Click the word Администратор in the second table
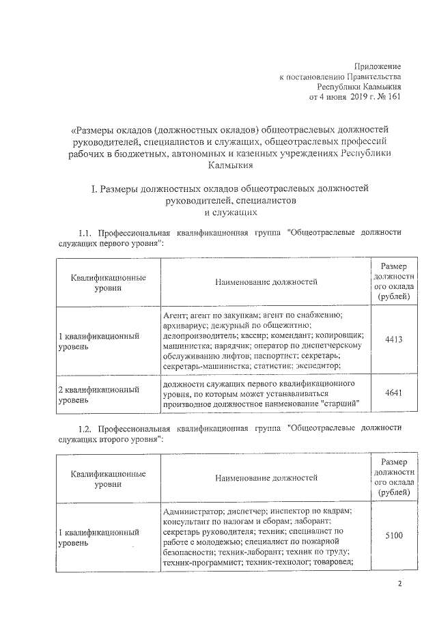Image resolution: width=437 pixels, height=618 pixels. point(191,510)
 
